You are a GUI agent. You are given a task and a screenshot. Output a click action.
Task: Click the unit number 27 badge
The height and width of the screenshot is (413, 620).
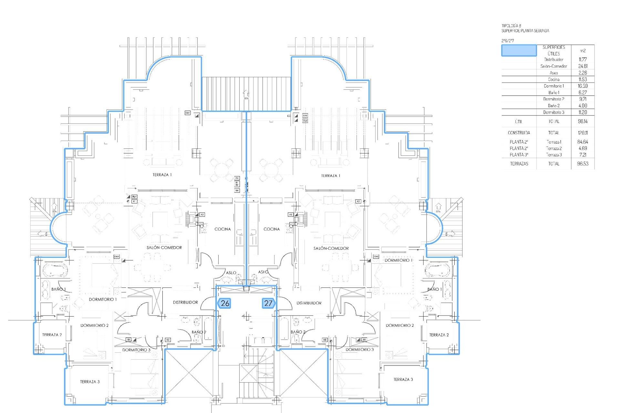(268, 303)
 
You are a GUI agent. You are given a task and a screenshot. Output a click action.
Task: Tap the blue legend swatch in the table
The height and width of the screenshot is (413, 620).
(519, 51)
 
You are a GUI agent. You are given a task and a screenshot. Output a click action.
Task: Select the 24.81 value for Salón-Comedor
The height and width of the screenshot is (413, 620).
(583, 66)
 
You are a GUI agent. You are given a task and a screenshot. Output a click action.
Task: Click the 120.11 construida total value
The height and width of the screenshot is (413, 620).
(583, 133)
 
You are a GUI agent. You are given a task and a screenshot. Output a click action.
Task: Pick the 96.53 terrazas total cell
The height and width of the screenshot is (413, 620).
(583, 164)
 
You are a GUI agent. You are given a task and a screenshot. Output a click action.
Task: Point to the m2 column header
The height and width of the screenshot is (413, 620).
(583, 51)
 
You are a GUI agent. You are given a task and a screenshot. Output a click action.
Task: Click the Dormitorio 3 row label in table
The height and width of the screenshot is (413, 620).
(553, 112)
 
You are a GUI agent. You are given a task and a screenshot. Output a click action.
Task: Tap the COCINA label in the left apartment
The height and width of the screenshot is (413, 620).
(222, 229)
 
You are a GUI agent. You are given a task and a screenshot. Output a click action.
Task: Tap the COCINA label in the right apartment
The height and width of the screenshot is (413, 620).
(272, 229)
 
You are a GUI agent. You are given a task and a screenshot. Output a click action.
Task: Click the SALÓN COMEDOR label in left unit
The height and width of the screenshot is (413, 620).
(164, 247)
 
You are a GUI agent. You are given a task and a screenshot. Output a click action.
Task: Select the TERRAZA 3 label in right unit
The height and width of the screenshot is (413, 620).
(403, 379)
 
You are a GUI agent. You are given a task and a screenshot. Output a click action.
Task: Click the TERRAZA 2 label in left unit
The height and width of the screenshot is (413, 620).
(52, 335)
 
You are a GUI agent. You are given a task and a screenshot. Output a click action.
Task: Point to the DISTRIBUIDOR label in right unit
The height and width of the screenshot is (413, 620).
(309, 303)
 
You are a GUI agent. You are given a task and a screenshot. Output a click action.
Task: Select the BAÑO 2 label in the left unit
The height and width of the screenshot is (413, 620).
(199, 332)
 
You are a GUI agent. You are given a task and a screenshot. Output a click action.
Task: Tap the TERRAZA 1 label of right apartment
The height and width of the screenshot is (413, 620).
(330, 176)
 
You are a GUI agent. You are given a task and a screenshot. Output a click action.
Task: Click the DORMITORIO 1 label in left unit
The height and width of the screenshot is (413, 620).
(103, 299)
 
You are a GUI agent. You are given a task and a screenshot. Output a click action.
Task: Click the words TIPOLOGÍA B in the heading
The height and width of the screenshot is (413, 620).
(512, 25)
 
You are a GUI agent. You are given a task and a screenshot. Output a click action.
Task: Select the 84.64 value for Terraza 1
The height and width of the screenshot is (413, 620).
(583, 142)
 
